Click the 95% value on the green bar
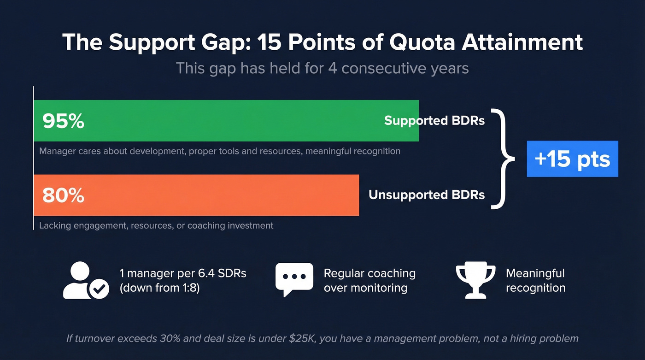coord(63,121)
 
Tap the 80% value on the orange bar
coord(63,195)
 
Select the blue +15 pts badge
coord(572,159)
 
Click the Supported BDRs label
coord(434,121)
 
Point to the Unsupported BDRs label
coord(427,195)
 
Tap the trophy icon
coord(475,280)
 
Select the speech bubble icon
coord(294,279)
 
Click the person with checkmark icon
coord(86,280)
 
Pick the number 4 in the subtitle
coord(333,69)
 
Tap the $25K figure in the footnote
coord(299,339)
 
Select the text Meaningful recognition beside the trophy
coord(535,280)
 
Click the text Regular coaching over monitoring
coord(369,280)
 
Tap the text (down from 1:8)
coord(159,288)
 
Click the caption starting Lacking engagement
coord(156,225)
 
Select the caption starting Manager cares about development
coord(220,151)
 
